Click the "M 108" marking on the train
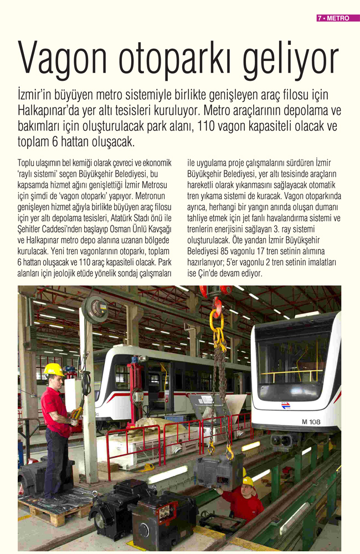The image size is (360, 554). point(311,422)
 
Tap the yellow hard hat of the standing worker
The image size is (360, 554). point(54,370)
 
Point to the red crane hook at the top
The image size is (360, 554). point(217,305)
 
